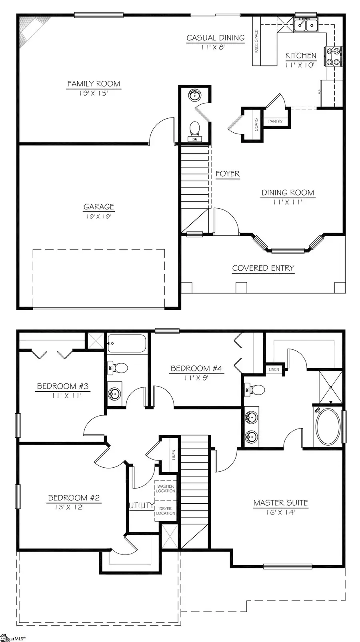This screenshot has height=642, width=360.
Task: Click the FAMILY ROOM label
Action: pyautogui.click(x=94, y=84)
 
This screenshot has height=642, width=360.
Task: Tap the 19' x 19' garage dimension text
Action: pyautogui.click(x=99, y=216)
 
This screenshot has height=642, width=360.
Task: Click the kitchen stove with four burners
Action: pyautogui.click(x=334, y=56)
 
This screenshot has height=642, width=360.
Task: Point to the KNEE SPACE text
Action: pyautogui.click(x=256, y=41)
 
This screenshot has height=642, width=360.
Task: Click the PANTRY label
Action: pyautogui.click(x=275, y=121)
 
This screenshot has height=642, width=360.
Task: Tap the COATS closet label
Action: pyautogui.click(x=256, y=124)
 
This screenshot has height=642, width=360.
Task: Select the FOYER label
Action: pyautogui.click(x=227, y=174)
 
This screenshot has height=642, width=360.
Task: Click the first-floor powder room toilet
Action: pyautogui.click(x=195, y=129)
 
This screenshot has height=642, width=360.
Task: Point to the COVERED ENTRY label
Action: pyautogui.click(x=263, y=268)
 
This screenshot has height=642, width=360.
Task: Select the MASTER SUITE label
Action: pyautogui.click(x=280, y=503)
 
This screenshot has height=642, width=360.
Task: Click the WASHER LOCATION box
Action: pyautogui.click(x=166, y=488)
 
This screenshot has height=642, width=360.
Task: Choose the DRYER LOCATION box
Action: pyautogui.click(x=166, y=511)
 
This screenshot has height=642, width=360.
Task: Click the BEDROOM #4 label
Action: pyautogui.click(x=196, y=369)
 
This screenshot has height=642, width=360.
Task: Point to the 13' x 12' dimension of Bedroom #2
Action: pyautogui.click(x=69, y=507)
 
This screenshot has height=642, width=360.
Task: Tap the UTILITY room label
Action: pyautogui.click(x=141, y=506)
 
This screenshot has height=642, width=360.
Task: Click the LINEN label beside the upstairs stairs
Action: pyautogui.click(x=174, y=455)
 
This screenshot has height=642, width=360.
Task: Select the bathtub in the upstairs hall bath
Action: pyautogui.click(x=127, y=343)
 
